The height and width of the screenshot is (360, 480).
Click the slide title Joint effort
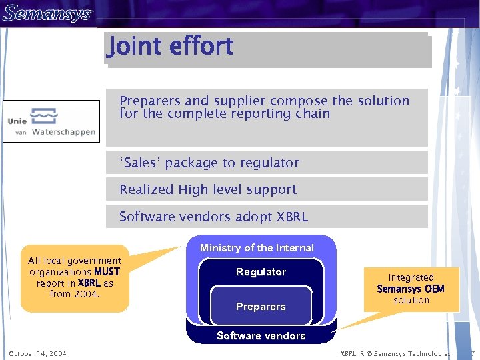coord(171,47)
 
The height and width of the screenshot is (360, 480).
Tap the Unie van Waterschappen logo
coord(51,121)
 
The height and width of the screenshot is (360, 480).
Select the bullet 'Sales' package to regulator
coord(209,163)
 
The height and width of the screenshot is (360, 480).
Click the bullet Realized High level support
coord(208,189)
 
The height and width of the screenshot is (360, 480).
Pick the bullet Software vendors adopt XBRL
coord(213,217)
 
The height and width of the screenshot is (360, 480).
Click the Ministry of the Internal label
coord(257,248)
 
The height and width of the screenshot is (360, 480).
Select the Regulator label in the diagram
coord(261,272)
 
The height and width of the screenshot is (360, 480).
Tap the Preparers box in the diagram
coord(261,307)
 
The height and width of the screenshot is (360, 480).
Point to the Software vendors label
coord(261,336)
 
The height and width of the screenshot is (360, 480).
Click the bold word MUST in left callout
coord(107,272)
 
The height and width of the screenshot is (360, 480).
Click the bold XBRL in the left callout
coord(89,283)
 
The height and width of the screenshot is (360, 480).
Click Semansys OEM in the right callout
coord(411,289)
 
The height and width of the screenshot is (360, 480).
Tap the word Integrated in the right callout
coord(411,277)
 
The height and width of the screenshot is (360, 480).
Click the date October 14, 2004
coord(37,353)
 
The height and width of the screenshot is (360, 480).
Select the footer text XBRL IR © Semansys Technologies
coord(395,353)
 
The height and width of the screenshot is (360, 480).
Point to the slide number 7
coord(472,353)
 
